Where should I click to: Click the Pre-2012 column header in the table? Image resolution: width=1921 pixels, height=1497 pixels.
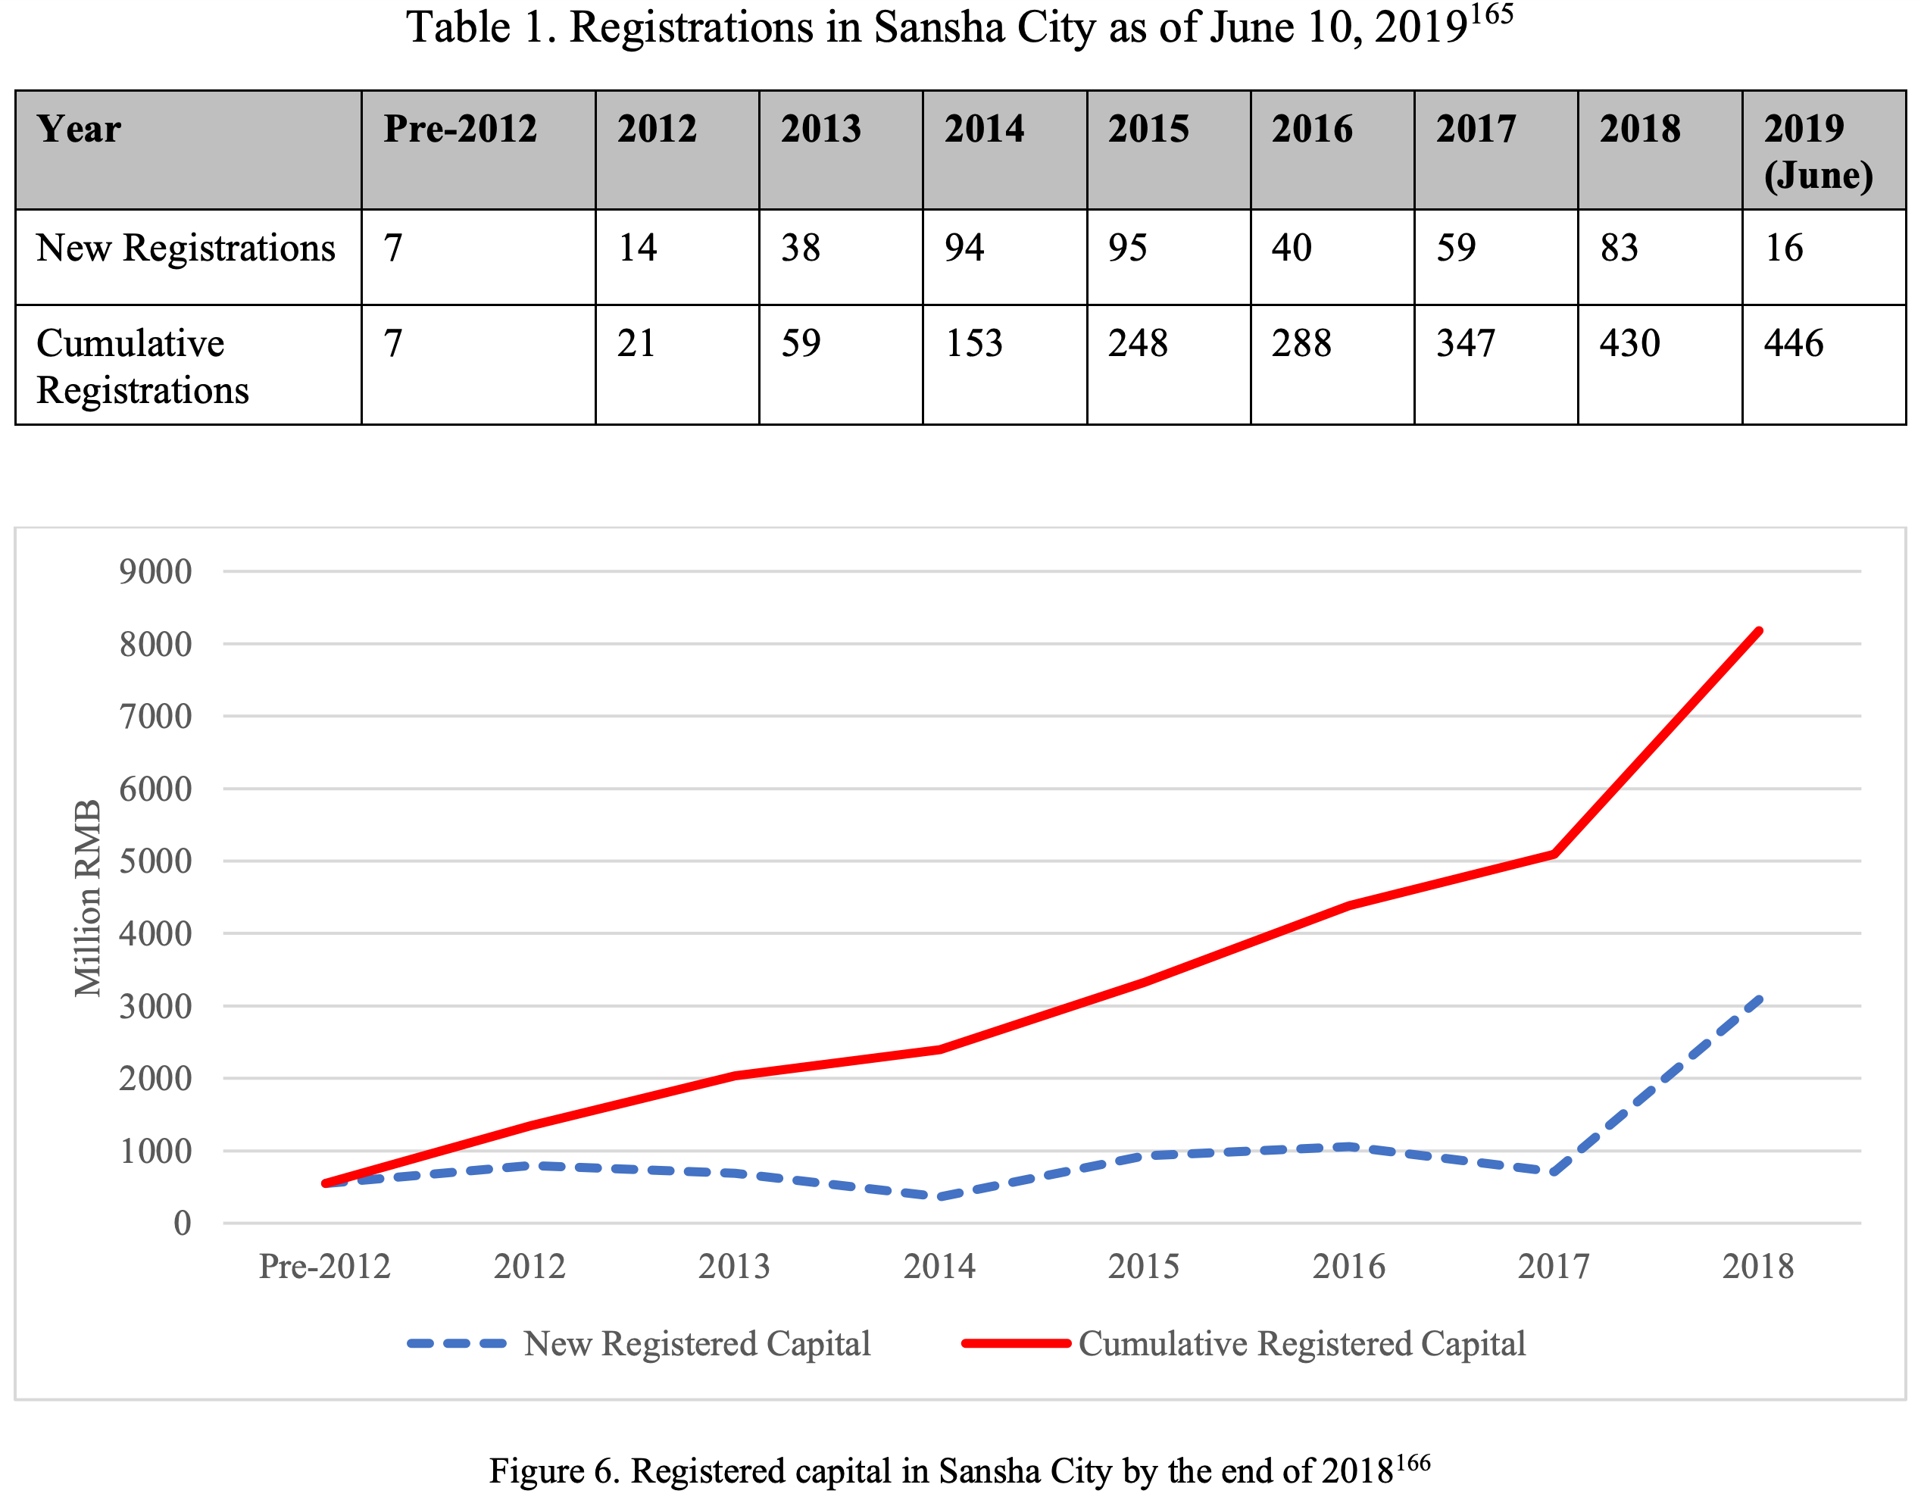459,130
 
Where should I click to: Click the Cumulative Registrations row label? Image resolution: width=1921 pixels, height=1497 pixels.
142,366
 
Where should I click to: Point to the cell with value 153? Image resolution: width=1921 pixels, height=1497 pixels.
973,343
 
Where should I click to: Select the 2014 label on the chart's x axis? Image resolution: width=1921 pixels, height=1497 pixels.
939,1267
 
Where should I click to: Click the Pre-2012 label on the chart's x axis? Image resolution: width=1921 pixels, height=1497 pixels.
324,1267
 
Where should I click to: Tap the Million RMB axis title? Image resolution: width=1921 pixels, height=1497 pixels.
88,897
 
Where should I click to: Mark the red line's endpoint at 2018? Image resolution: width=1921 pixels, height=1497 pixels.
1758,630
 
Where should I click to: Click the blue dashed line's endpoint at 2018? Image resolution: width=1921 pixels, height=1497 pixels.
1758,999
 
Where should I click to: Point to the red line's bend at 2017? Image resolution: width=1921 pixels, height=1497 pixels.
1554,853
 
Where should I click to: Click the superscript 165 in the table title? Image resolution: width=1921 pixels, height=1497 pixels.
1492,15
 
